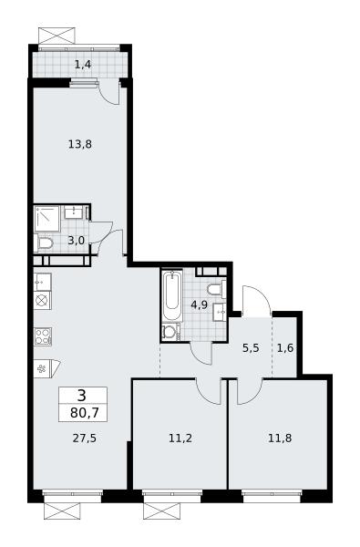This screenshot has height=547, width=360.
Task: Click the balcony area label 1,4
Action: click(83, 65)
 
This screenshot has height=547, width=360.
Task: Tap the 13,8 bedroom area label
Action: click(80, 144)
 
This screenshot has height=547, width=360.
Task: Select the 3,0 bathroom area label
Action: click(76, 240)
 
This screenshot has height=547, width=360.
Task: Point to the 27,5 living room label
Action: click(85, 439)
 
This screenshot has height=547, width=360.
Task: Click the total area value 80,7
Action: click(85, 413)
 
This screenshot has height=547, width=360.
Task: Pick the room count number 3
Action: click(82, 396)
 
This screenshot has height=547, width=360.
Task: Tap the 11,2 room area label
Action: click(180, 439)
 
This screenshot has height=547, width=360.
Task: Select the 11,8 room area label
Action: click(280, 439)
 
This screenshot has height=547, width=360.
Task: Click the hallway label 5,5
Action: click(251, 348)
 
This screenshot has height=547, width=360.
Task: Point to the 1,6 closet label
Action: click(285, 348)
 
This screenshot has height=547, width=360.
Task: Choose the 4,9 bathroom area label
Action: click(200, 305)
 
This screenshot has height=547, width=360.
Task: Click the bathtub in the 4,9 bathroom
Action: click(172, 295)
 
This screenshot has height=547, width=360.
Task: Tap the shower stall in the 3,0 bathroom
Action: click(47, 219)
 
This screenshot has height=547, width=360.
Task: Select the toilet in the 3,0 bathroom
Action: click(44, 243)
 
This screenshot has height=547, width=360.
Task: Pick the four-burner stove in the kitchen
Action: click(43, 336)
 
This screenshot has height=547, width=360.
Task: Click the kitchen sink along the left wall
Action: click(43, 283)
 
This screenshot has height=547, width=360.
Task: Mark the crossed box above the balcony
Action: click(57, 36)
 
